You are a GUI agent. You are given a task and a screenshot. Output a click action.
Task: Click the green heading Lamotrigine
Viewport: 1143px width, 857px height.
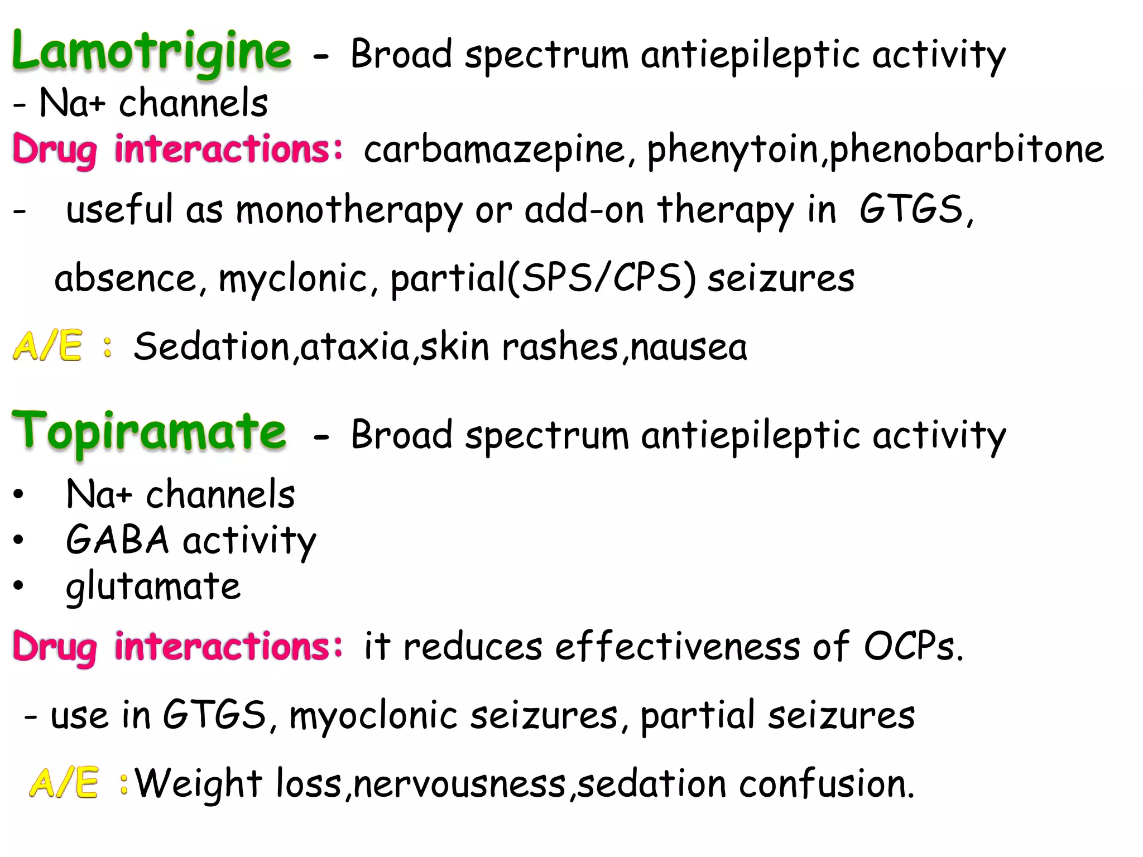point(151,51)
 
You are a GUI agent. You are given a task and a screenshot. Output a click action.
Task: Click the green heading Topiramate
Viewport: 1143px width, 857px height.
point(149,432)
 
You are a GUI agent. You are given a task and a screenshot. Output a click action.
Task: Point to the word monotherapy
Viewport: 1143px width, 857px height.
point(349,210)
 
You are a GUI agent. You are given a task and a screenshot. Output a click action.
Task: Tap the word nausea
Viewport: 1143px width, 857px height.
point(689,346)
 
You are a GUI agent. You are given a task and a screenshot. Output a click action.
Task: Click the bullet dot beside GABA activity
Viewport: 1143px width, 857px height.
point(19,540)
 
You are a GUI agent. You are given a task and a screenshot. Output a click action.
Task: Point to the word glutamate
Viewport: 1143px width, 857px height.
point(153,586)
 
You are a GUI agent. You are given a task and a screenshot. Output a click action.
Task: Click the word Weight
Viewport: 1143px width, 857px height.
point(199,783)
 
